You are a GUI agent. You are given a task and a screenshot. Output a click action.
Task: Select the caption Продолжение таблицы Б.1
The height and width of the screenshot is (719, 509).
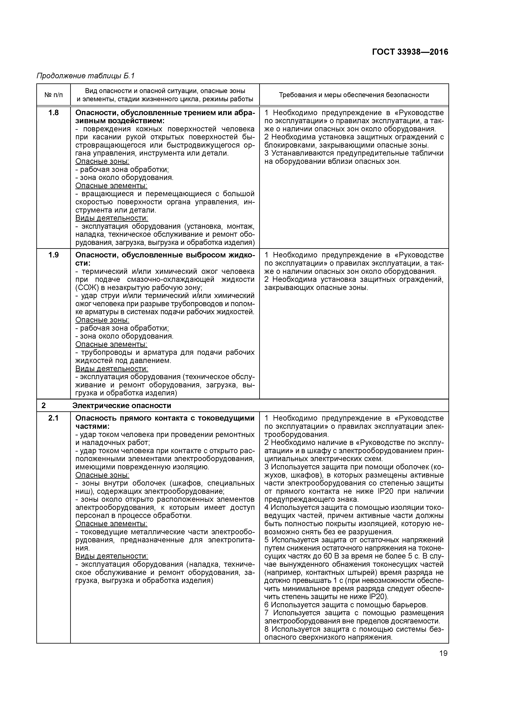(85, 76)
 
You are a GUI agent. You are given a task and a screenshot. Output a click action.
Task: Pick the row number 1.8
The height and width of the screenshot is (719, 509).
(53, 113)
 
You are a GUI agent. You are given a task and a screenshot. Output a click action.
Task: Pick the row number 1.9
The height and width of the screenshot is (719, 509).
(53, 255)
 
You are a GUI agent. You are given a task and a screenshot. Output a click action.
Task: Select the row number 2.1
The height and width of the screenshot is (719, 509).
(53, 418)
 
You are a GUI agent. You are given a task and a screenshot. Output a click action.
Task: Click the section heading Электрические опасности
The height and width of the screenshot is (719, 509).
(122, 406)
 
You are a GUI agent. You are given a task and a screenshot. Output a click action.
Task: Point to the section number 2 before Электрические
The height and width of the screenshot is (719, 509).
(44, 406)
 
